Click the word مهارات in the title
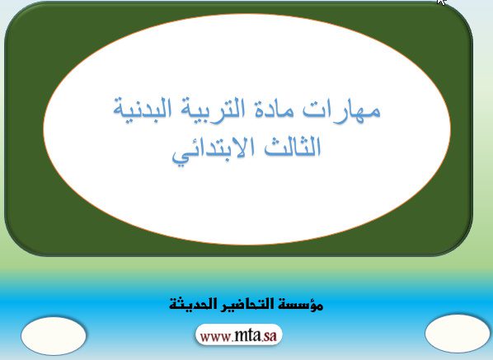click(x=341, y=109)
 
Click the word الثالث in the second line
click(x=292, y=147)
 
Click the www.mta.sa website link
click(x=238, y=335)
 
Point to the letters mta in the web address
click(x=247, y=335)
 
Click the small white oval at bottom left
click(x=54, y=336)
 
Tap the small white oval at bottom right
click(x=458, y=334)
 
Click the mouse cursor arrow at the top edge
click(x=441, y=2)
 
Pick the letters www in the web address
click(x=215, y=337)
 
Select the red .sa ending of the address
click(x=269, y=336)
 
